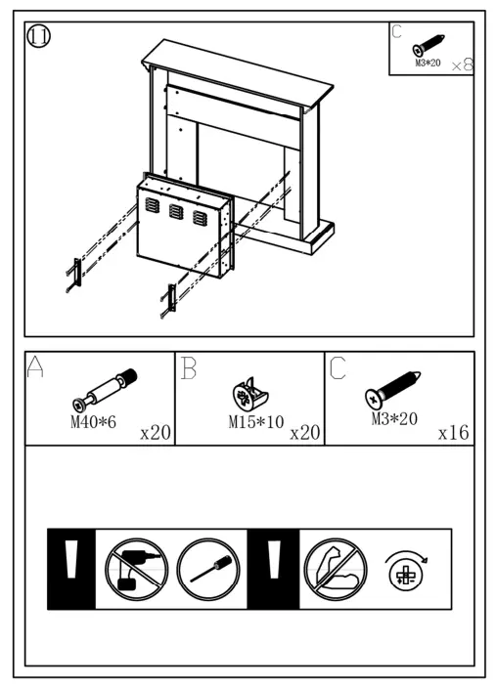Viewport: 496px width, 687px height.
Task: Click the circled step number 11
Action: [x=39, y=36]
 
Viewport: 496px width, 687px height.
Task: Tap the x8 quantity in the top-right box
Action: [x=462, y=64]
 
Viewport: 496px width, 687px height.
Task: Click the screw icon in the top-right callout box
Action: [x=429, y=46]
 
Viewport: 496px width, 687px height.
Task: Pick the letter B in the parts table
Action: [x=190, y=367]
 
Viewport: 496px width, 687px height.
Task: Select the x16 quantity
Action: [x=454, y=432]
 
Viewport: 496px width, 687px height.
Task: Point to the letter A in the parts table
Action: [x=37, y=367]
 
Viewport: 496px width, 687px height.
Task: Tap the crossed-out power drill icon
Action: [x=137, y=569]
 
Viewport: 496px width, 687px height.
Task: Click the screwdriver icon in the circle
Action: [x=208, y=569]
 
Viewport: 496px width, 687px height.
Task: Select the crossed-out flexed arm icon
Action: [x=336, y=569]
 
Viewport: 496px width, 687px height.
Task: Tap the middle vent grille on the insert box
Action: [x=177, y=211]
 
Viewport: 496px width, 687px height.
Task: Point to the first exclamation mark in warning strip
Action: [x=71, y=569]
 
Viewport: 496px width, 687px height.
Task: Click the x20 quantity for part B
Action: [x=305, y=432]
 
